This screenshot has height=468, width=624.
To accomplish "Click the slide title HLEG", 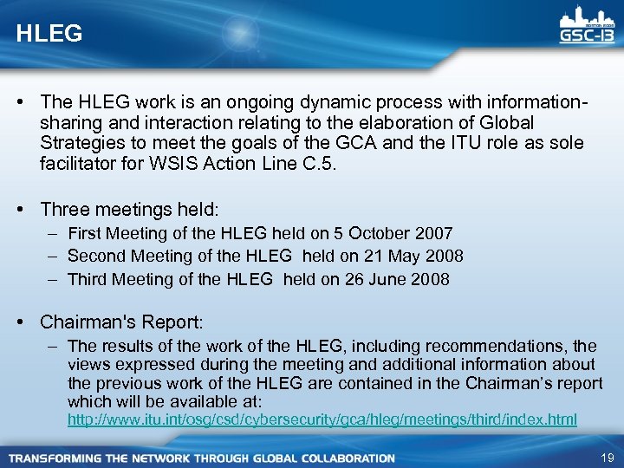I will click(49, 34).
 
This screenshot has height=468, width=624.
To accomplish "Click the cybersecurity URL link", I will click(322, 419).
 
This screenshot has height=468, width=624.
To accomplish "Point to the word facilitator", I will click(80, 163).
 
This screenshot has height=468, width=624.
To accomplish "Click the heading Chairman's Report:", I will click(121, 322).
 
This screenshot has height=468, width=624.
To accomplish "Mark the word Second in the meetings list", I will click(96, 256).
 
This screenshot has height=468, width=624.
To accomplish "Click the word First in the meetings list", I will click(85, 233).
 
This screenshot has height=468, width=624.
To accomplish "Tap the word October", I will click(380, 233).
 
